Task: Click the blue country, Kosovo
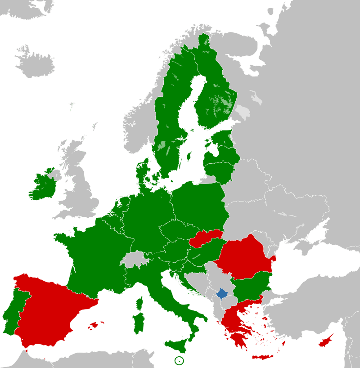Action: [222, 295]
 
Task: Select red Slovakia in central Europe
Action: [205, 239]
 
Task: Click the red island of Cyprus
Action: [325, 341]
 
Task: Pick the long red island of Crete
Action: [263, 357]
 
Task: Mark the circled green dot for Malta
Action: [179, 360]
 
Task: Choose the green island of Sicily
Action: [178, 346]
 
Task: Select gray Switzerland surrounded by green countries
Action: [131, 260]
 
